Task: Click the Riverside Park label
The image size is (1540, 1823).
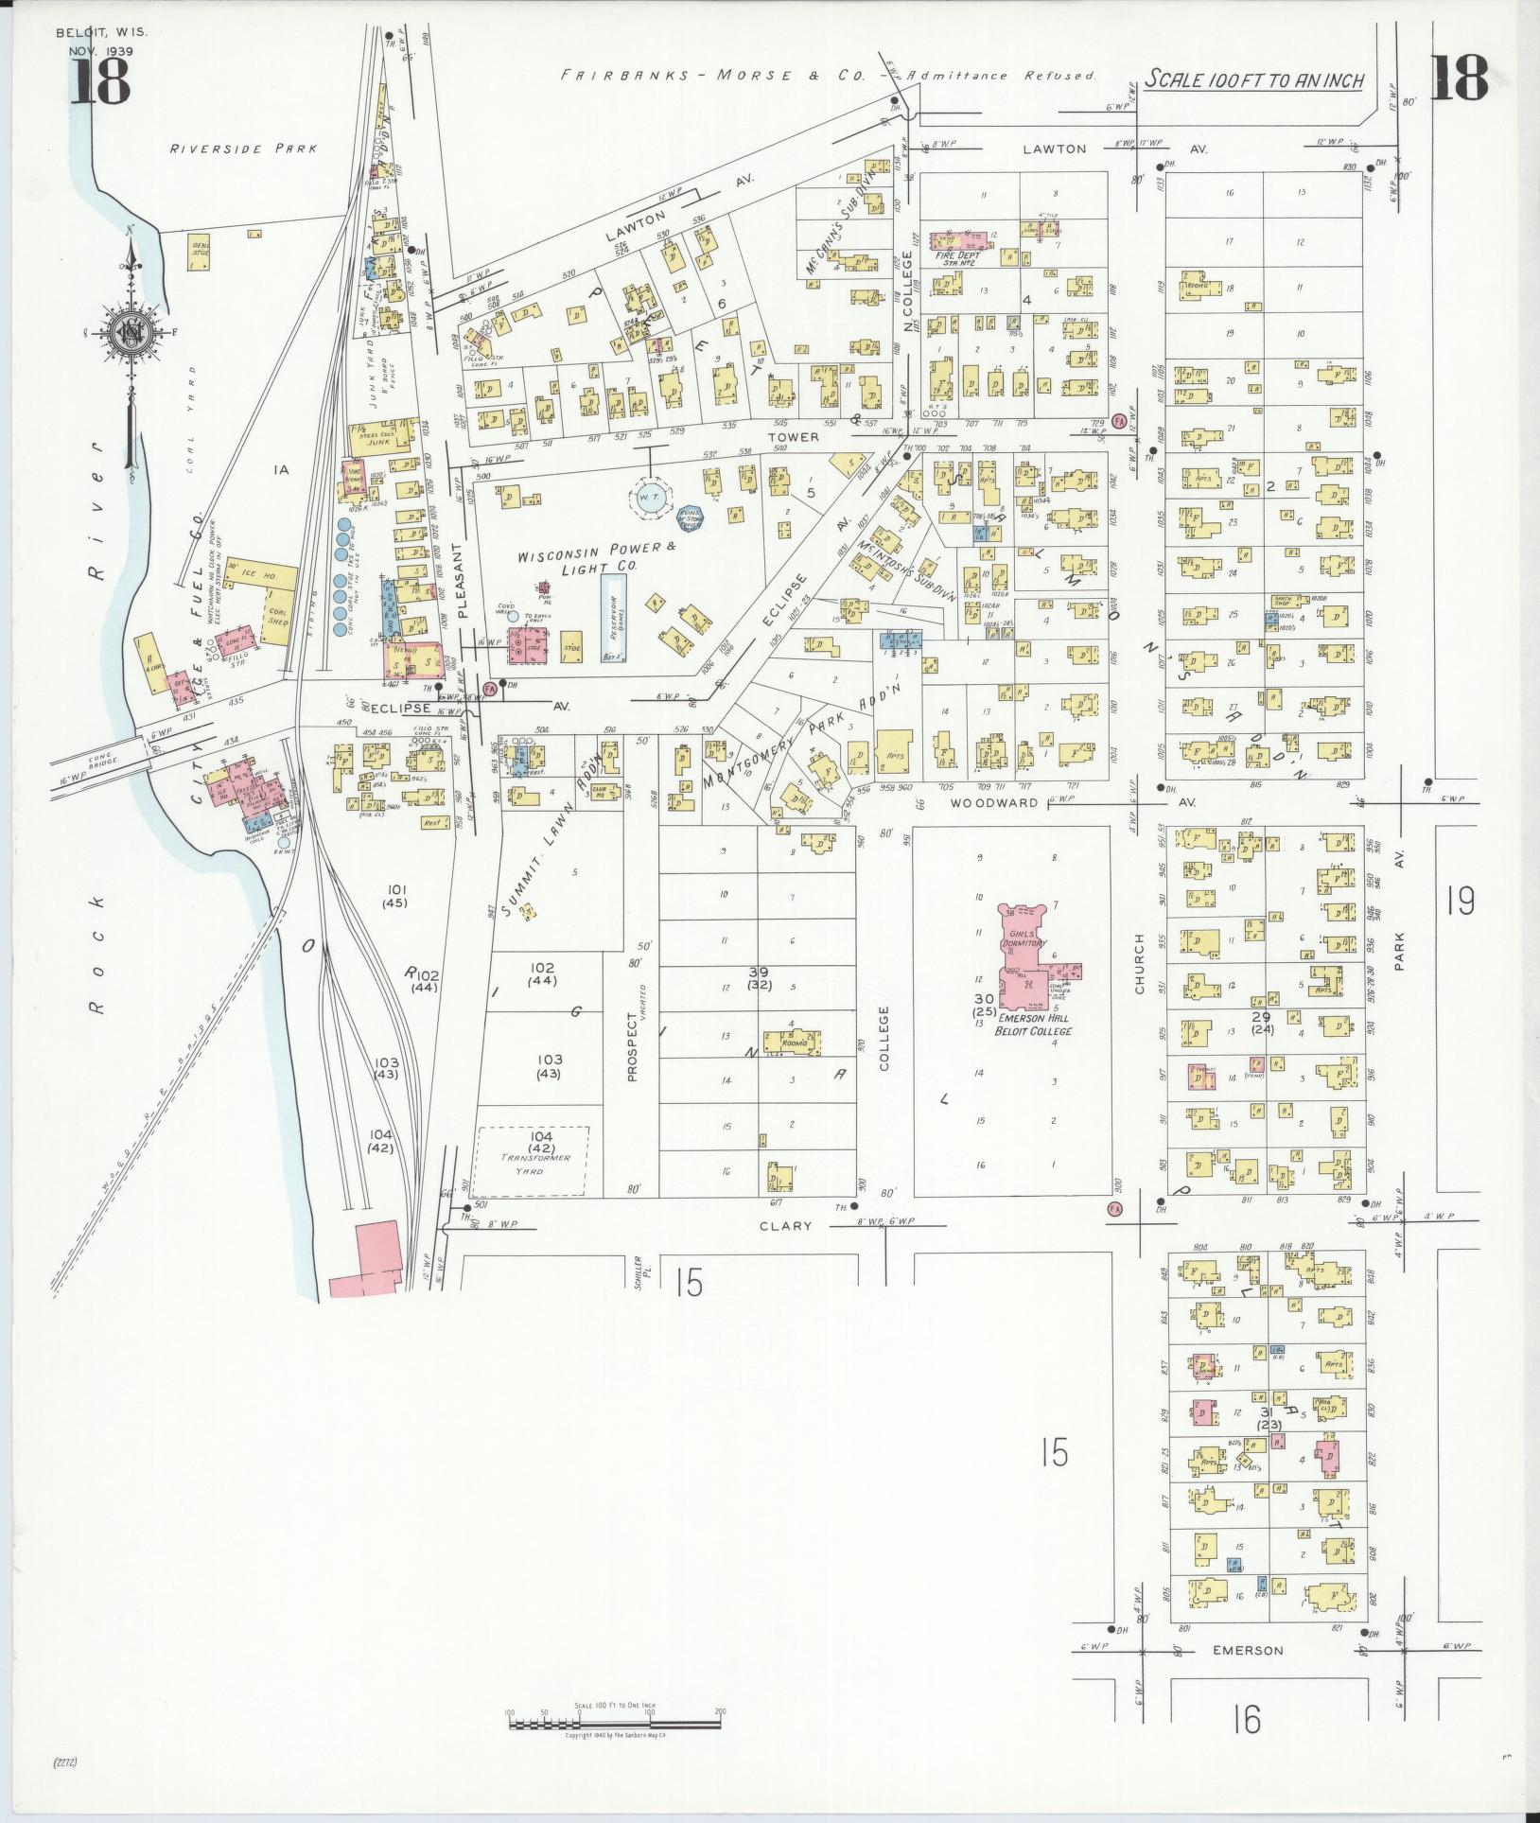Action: point(243,149)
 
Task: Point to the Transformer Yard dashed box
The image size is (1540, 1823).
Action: point(532,1161)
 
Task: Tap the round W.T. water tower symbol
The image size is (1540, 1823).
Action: point(650,501)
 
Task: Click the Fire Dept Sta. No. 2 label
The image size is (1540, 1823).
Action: point(957,258)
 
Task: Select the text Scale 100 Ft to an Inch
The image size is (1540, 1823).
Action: point(1253,80)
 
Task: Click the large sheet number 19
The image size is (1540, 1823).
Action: point(1460,901)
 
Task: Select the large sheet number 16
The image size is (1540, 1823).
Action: point(1247,1720)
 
